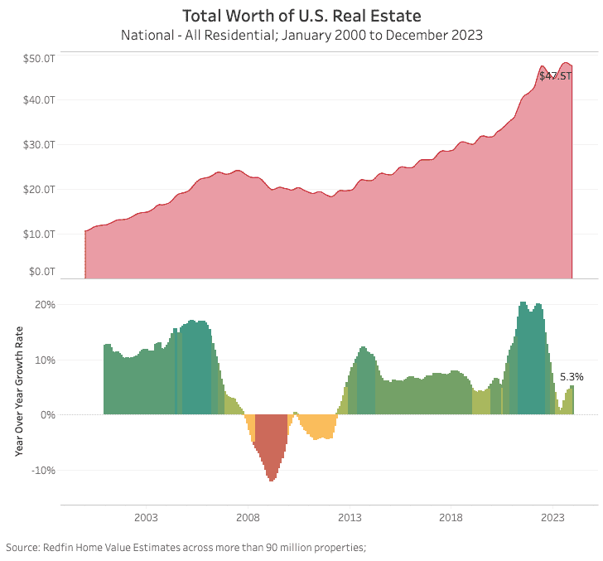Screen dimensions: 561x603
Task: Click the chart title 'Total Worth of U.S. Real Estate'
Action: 301,16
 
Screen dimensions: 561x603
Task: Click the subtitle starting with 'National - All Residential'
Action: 301,35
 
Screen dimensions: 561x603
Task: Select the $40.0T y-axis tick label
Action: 39,100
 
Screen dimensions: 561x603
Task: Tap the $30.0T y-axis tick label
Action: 39,145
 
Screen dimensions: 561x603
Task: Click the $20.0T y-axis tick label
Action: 39,189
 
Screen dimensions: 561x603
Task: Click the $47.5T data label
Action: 555,75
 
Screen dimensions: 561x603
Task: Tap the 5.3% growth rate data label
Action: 572,376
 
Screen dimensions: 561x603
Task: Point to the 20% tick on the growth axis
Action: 45,305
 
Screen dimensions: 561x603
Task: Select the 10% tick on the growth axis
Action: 45,360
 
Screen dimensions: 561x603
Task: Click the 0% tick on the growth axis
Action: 47,414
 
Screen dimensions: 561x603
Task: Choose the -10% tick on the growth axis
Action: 43,470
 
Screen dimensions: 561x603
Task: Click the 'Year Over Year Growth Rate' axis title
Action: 19,391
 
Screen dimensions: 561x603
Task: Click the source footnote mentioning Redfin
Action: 186,547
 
